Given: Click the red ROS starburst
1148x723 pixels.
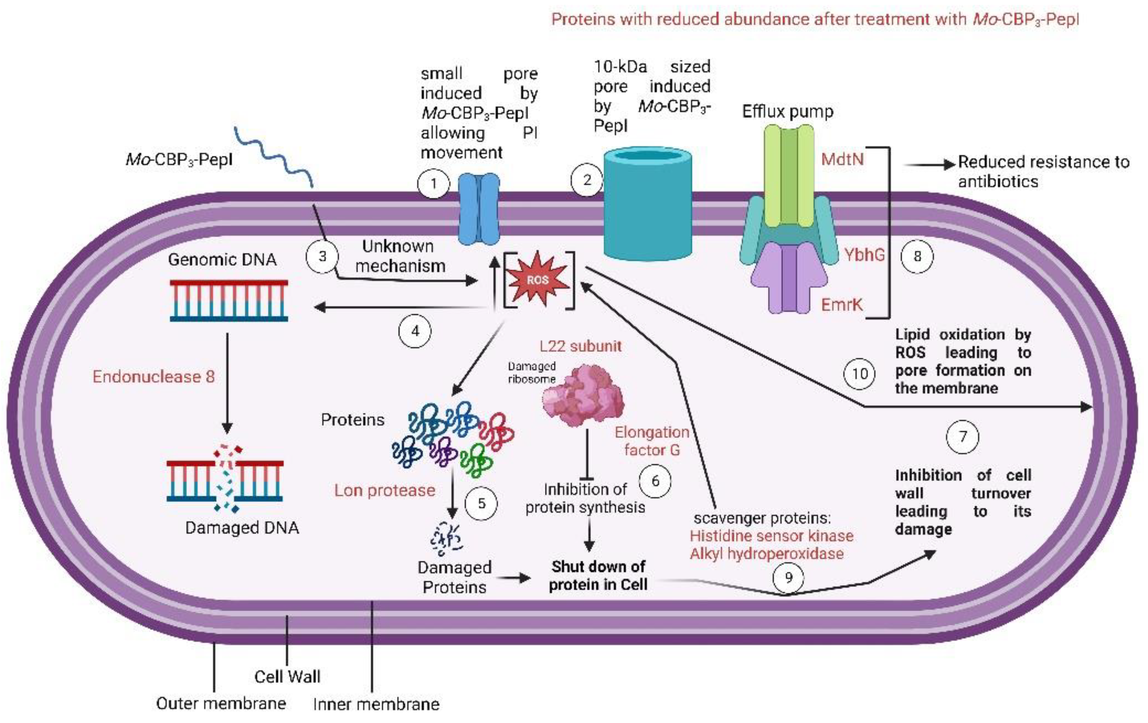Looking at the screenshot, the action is [537, 280].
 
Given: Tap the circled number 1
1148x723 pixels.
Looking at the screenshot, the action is [433, 183].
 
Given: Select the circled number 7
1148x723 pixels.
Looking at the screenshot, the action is [963, 437].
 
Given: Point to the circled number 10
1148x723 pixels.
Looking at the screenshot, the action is [860, 373].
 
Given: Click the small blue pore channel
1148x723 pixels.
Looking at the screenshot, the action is [479, 209].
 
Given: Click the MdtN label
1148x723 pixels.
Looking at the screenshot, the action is [842, 159].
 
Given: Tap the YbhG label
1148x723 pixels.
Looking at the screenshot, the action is [864, 254].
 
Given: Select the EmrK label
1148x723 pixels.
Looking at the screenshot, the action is [841, 304].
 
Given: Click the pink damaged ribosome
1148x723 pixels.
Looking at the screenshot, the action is [582, 395].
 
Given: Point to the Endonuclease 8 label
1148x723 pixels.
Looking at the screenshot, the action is [154, 377].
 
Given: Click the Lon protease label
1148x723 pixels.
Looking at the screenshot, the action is [385, 490].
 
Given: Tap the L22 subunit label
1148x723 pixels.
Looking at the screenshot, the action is [581, 346].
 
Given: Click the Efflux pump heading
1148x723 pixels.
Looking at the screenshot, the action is [788, 112].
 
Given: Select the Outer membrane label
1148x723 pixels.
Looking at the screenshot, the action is [221, 703].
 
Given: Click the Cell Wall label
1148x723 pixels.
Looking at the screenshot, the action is [287, 676].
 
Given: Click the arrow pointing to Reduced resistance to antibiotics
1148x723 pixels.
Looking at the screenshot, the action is [930, 165].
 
